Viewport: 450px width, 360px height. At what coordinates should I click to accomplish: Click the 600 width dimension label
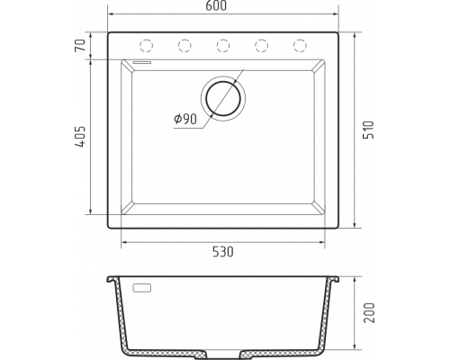click(x=216, y=6)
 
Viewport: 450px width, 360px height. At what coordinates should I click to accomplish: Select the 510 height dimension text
click(x=369, y=130)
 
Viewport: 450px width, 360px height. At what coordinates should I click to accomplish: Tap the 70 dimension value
click(x=80, y=45)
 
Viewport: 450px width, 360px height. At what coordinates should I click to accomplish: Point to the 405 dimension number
click(x=80, y=137)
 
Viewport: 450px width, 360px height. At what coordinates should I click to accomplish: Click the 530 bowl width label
click(x=223, y=252)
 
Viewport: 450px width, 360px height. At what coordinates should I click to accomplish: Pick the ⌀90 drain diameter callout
click(x=185, y=119)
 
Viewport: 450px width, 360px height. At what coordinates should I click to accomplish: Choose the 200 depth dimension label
click(x=369, y=312)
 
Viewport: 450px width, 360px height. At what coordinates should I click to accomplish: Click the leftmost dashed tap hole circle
click(x=147, y=46)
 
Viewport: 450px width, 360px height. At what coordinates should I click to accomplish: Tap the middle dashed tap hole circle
click(x=223, y=46)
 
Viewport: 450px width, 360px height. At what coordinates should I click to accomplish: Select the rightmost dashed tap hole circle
click(x=300, y=46)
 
